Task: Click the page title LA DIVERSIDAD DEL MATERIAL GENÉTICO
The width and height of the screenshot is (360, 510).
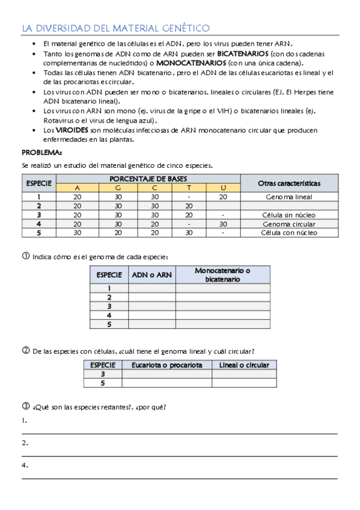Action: (115, 28)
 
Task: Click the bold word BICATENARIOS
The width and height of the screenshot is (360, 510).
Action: (243, 54)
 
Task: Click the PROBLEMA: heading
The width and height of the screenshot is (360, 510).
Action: (42, 152)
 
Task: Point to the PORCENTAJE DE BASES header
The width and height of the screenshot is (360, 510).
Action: (148, 179)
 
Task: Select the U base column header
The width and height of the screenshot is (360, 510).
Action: (223, 188)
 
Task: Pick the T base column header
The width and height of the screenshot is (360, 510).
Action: (189, 188)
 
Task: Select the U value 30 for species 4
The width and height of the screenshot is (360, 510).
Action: (223, 224)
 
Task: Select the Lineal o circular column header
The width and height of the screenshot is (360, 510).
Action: (244, 365)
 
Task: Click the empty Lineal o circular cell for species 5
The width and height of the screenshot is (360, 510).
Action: (244, 382)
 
